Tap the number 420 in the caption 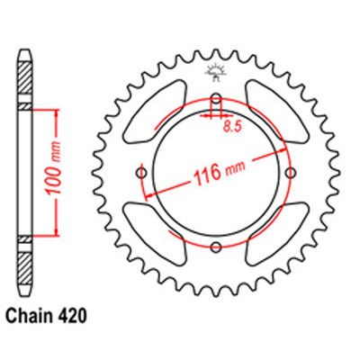pyautogui.click(x=71, y=316)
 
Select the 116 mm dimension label pyautogui.click(x=220, y=172)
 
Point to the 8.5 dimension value pyautogui.click(x=232, y=127)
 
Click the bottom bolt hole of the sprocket pyautogui.click(x=216, y=247)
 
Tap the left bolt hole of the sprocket pyautogui.click(x=141, y=173)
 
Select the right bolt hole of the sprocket pyautogui.click(x=291, y=173)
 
